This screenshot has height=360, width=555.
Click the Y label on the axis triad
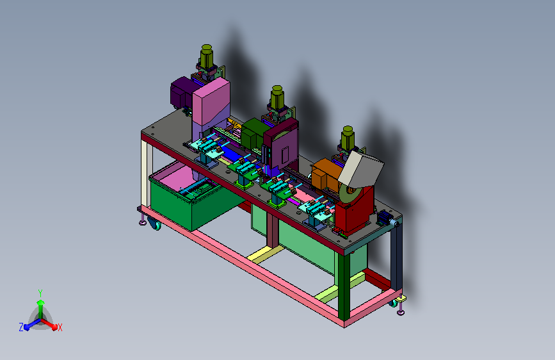[40, 293]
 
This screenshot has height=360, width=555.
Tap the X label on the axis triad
[60, 327]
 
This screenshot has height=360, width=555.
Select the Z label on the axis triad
[21, 327]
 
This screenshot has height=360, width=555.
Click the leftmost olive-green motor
[207, 56]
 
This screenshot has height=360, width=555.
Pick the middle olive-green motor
[277, 97]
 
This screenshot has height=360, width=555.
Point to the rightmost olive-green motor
[348, 138]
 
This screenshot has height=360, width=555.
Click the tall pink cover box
[211, 102]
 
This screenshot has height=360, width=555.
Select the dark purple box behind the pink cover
[182, 92]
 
